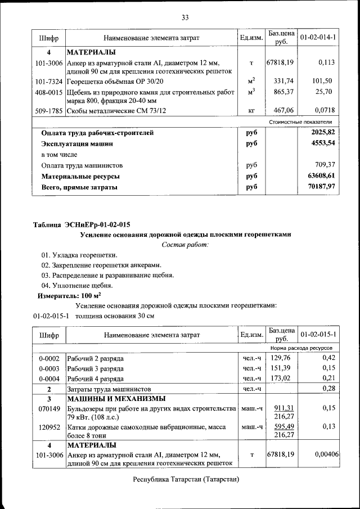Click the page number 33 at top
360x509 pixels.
point(184,17)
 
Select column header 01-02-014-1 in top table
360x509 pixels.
point(318,38)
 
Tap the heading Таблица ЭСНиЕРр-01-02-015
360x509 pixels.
point(78,224)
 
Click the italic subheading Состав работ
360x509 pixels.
point(185,245)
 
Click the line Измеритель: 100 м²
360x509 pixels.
point(69,295)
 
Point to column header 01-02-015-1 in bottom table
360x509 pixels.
point(318,335)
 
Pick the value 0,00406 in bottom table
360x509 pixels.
point(325,454)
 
